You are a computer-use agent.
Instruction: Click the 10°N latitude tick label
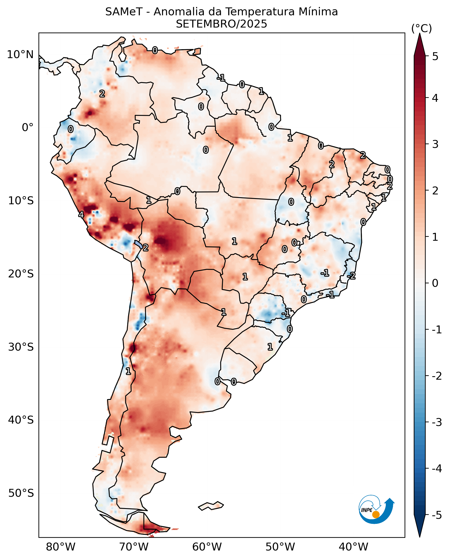click(20, 55)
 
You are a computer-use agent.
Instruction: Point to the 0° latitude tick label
click(28, 128)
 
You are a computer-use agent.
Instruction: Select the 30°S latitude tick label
click(21, 347)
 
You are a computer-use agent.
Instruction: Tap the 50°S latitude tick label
click(21, 493)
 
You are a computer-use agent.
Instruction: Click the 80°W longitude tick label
click(61, 547)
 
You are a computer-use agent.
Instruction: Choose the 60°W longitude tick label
click(207, 547)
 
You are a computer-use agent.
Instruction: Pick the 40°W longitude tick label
click(353, 547)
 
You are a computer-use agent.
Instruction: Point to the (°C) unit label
click(421, 29)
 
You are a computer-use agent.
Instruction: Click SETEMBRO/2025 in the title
click(221, 24)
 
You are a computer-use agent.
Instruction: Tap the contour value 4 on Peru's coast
click(81, 215)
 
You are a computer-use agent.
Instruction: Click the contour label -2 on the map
click(351, 276)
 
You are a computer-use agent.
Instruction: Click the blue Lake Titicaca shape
click(138, 244)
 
